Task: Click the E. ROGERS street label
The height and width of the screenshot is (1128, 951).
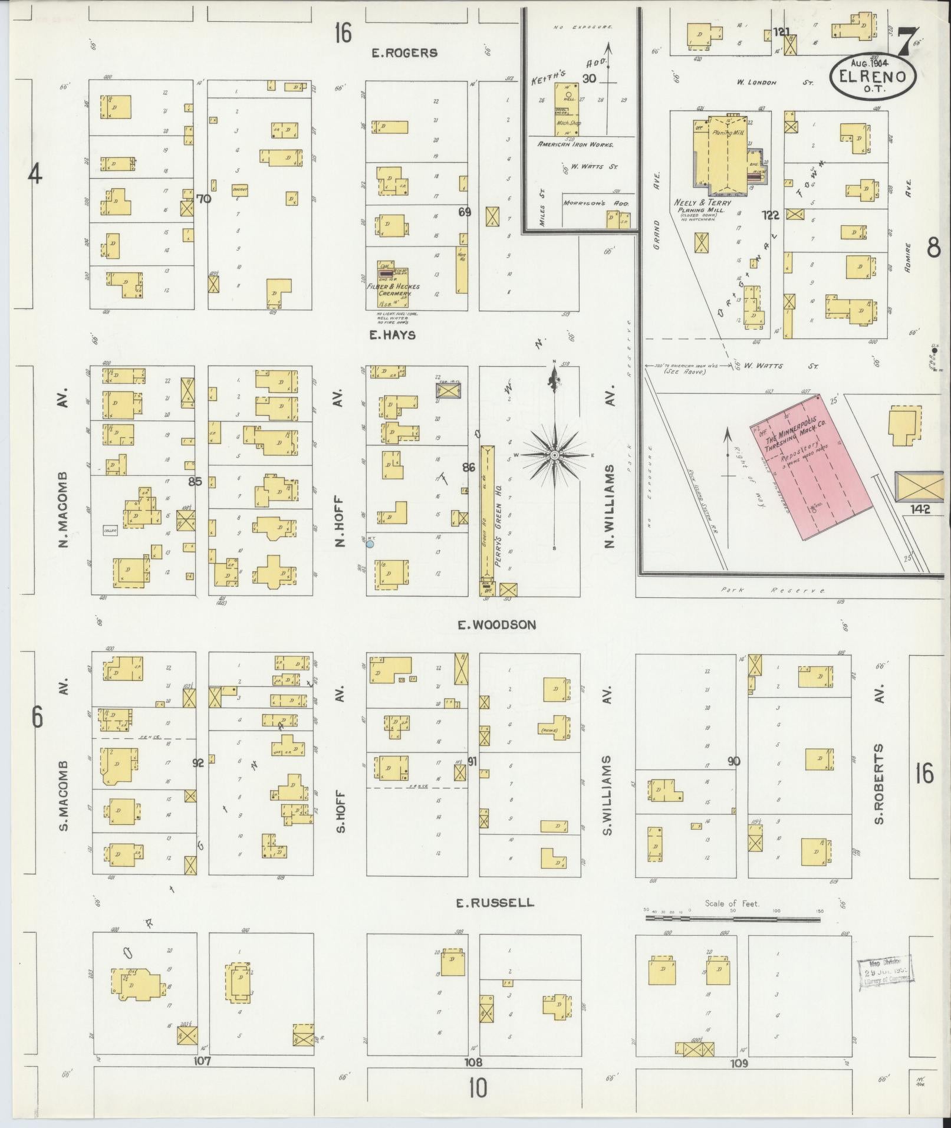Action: (x=404, y=53)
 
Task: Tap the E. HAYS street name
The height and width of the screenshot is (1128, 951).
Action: (x=393, y=335)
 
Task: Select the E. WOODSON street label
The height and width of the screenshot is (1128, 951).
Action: (x=497, y=624)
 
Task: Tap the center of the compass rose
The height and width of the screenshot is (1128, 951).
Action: (x=554, y=456)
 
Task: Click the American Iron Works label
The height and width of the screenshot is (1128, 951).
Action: (x=575, y=144)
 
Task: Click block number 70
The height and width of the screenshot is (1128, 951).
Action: (x=203, y=199)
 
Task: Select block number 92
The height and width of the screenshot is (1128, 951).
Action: (x=198, y=762)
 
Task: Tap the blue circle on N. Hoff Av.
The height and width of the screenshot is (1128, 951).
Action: (x=370, y=544)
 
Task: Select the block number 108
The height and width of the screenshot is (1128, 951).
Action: (x=473, y=1063)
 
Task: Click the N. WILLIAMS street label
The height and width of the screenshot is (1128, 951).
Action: (x=609, y=507)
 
